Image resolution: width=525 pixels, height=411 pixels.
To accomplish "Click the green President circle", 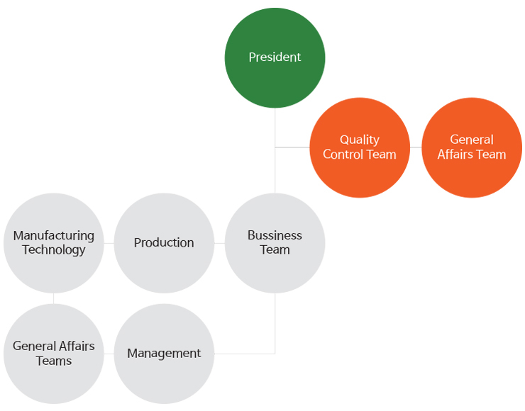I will pos(275,57).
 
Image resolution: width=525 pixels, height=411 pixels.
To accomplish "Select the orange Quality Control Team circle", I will pos(360,147).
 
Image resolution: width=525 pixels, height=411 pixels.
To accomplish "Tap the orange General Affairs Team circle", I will pos(472,147).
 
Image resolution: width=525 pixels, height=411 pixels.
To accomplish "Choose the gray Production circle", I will pos(164,243).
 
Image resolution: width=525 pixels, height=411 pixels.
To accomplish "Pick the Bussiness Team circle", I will pos(275,243).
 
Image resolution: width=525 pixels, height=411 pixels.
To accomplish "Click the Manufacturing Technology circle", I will pos(53,243).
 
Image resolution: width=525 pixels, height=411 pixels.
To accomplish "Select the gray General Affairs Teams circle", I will pos(53,354).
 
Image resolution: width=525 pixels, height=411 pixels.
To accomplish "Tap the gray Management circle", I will pos(164,354).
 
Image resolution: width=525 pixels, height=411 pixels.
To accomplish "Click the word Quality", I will pos(360,140).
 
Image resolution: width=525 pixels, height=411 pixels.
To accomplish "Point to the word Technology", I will pos(53,250).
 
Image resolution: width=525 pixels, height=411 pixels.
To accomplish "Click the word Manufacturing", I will pos(53,235).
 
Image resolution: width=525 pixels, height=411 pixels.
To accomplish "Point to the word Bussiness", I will pos(275,235).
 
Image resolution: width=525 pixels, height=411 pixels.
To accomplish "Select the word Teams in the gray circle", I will pos(54,361).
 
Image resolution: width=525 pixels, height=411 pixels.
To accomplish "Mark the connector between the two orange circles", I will pos(416,147).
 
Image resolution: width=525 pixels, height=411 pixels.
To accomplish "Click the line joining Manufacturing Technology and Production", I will pos(109,243).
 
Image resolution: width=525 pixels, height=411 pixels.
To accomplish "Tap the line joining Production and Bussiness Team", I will pos(219,243).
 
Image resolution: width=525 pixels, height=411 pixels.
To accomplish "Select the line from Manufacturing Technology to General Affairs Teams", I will pos(53,298).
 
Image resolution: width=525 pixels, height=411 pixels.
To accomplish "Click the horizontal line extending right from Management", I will pos(244,354).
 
